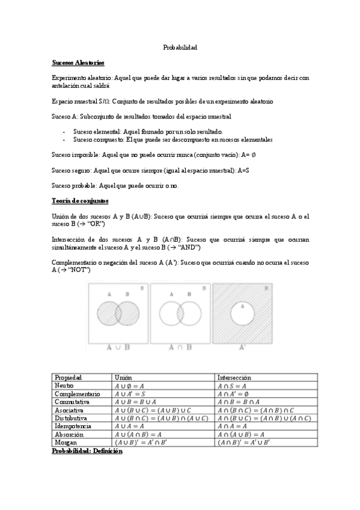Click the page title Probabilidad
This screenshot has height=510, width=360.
coord(180,47)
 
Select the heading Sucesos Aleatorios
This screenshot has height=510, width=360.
coord(78,62)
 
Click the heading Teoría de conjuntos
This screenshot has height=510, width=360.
coord(80,200)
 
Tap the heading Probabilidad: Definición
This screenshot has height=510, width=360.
coord(87,450)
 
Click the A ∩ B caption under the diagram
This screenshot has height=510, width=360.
coord(180,347)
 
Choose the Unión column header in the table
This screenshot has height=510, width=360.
coord(123,377)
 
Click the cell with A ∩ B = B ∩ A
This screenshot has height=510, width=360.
coord(246,402)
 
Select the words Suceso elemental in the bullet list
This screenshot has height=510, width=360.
coord(97,131)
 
